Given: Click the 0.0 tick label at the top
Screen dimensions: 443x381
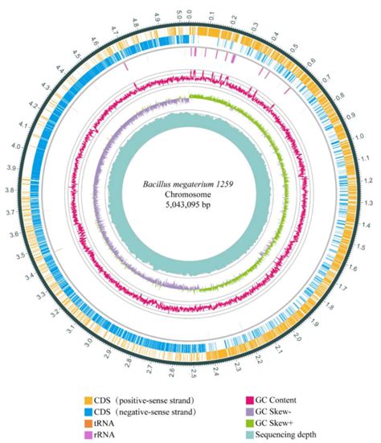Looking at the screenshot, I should coord(190,14).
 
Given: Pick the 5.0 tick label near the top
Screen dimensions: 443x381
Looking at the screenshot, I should coord(178,14).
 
